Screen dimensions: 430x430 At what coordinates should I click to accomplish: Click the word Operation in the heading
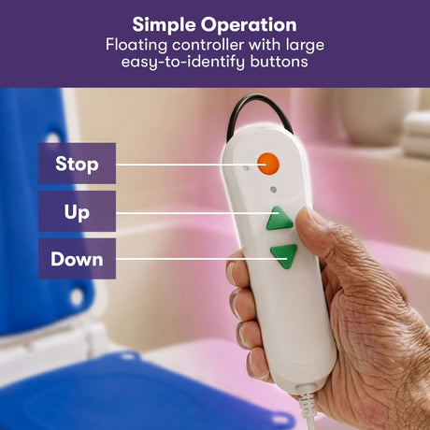(249, 25)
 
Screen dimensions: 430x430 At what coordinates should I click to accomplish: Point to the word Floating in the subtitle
(136, 46)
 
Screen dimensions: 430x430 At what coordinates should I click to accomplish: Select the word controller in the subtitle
(208, 45)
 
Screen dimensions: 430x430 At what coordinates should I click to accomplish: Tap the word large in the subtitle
(305, 46)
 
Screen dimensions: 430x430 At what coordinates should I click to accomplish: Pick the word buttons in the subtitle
(279, 62)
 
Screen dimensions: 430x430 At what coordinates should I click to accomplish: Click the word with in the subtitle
(265, 45)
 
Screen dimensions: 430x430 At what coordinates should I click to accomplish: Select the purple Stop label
(77, 164)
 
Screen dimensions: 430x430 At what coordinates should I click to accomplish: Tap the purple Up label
(77, 211)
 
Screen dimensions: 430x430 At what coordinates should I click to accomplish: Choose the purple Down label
(77, 259)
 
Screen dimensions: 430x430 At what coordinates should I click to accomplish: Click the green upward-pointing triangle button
(279, 219)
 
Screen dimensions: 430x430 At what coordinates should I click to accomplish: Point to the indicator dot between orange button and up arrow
(273, 190)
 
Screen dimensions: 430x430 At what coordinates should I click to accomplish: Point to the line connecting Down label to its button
(201, 259)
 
